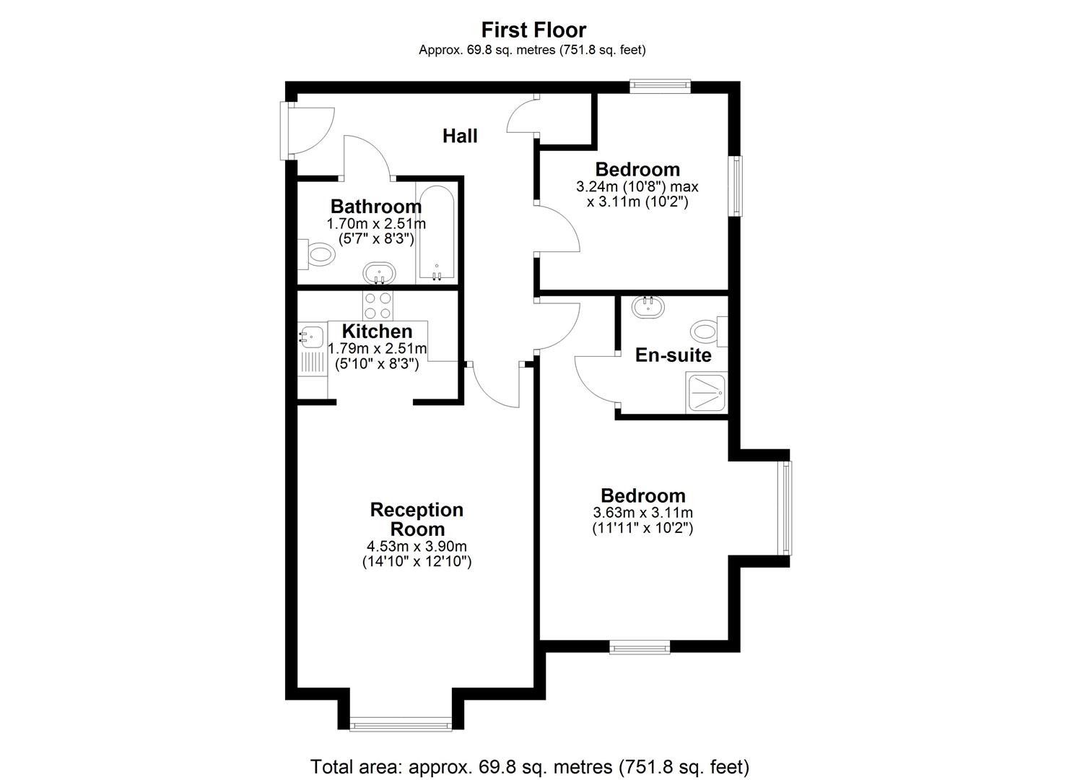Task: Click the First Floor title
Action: [x=533, y=30]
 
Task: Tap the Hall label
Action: [x=460, y=136]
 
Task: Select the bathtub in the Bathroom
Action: [x=435, y=235]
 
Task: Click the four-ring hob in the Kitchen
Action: [x=378, y=305]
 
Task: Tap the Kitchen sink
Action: [x=313, y=336]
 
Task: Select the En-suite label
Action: [x=673, y=355]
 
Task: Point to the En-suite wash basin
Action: [x=648, y=307]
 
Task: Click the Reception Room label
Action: [x=417, y=519]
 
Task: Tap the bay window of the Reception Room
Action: [x=401, y=724]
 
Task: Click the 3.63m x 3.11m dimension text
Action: [x=642, y=513]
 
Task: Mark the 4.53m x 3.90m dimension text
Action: [x=417, y=546]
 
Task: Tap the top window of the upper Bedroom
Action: [x=659, y=86]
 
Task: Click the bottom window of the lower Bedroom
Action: [x=640, y=648]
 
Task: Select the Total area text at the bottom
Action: [x=529, y=766]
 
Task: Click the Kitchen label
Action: [x=377, y=331]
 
